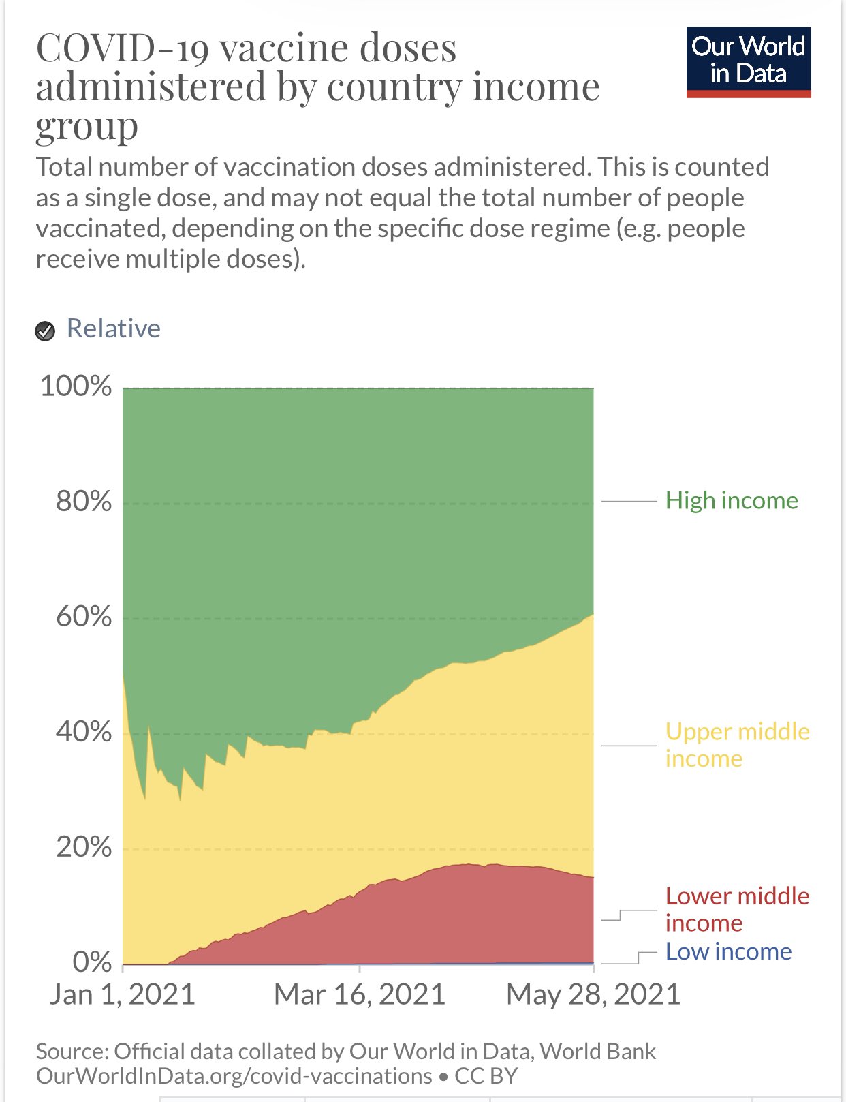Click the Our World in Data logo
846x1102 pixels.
click(x=749, y=62)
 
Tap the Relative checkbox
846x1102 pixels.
click(x=45, y=331)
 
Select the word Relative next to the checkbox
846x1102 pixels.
click(x=114, y=328)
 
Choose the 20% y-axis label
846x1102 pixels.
click(x=84, y=846)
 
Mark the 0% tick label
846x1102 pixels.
click(x=92, y=962)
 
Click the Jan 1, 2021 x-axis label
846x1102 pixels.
click(x=122, y=994)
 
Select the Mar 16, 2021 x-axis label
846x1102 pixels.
click(x=360, y=994)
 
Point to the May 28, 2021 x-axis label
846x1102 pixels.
click(x=593, y=994)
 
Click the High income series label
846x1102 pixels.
click(x=732, y=501)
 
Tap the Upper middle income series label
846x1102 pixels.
click(x=738, y=746)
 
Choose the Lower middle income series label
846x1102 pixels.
click(x=738, y=910)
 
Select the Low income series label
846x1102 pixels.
click(x=728, y=952)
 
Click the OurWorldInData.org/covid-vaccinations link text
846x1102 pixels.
click(x=234, y=1075)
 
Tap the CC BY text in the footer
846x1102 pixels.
click(x=486, y=1075)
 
